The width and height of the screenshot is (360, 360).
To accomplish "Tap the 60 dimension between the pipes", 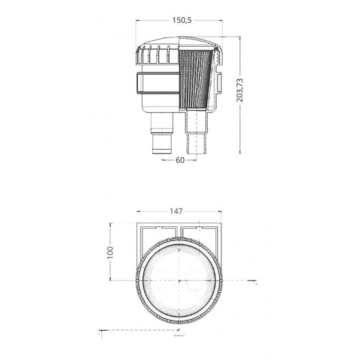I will [180, 161].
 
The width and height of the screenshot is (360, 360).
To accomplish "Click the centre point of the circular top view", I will [180, 279].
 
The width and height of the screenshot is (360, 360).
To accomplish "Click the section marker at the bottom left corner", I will [99, 334].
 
